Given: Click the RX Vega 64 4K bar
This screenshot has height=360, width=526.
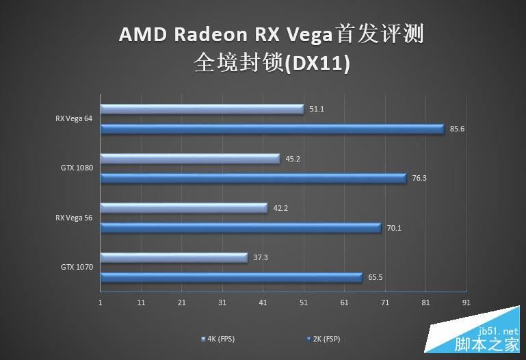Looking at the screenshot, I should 202,109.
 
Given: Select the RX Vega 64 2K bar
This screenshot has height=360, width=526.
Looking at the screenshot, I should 272,128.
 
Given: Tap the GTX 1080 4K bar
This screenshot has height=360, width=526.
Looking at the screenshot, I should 190,159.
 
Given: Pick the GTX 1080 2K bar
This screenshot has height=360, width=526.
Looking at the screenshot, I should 254,178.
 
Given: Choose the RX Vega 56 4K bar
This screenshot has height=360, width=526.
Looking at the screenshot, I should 184,208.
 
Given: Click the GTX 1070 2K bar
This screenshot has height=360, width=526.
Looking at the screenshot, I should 232,277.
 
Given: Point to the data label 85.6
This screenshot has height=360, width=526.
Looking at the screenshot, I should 458,129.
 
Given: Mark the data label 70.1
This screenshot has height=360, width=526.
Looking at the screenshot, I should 394,228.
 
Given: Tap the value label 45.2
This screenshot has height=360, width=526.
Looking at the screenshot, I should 293,159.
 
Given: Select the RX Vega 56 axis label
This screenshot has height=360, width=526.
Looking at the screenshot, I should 74,218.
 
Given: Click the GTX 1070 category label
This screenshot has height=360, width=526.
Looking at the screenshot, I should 77,267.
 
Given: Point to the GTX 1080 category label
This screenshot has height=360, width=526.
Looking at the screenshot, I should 77,168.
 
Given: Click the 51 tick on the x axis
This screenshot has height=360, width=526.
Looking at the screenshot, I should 304,302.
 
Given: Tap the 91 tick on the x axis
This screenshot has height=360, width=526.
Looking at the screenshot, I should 466,302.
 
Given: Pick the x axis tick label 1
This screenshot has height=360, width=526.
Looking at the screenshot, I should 101,302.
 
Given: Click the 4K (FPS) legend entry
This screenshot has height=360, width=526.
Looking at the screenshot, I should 220,339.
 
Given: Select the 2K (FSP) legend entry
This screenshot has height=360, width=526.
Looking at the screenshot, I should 324,339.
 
